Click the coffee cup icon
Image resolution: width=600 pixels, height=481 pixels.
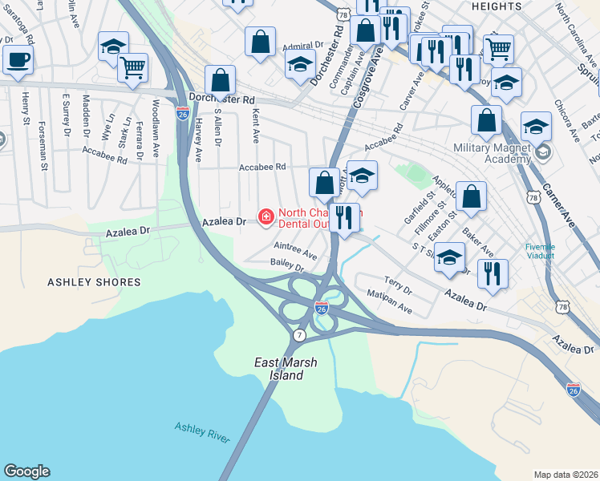[18, 58]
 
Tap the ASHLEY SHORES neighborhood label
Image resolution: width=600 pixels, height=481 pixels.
[94, 282]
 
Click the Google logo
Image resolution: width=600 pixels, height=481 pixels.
[26, 471]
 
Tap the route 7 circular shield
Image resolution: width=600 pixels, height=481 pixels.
[298, 333]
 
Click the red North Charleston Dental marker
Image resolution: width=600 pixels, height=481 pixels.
[265, 216]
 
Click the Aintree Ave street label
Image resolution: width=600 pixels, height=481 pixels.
[295, 251]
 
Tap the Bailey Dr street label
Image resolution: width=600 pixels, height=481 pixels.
[287, 265]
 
